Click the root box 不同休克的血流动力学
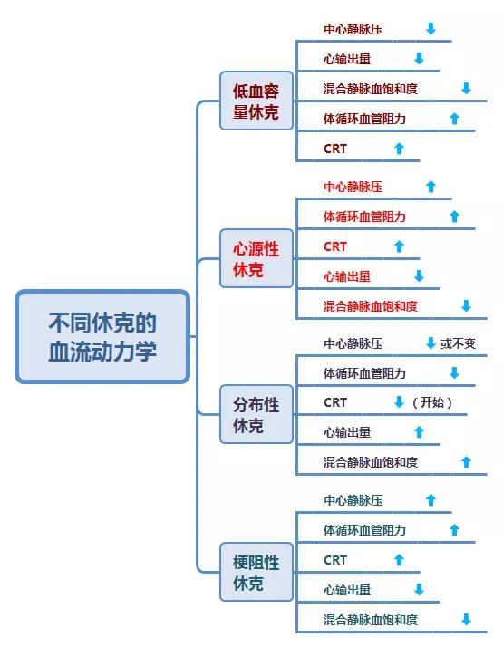102,336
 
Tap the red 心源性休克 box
256,258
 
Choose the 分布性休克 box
256,414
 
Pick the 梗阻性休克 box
256,572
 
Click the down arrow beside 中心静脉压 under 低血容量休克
430,29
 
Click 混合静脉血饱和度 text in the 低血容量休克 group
371,89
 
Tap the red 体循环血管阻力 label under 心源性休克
364,217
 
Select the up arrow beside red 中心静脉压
430,187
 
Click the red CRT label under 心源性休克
335,246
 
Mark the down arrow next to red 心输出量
419,276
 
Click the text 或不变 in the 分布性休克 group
458,343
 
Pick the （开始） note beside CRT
431,402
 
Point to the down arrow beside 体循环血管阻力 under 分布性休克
454,373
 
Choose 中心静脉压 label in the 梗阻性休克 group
353,500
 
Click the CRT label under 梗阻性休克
335,560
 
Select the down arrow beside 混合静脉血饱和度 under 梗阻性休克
466,620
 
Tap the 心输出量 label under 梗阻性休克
347,590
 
